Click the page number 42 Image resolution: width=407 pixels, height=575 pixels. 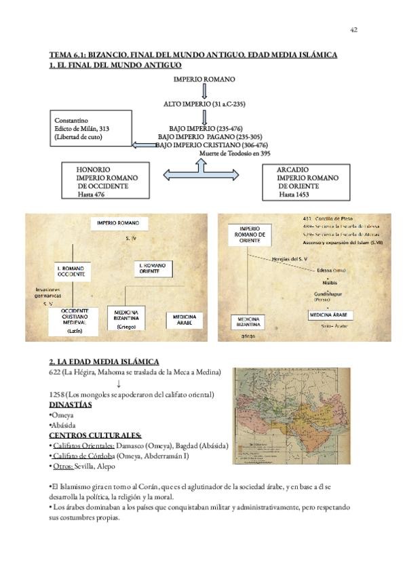coord(353,30)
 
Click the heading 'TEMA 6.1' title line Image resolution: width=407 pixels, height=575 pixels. coord(193,55)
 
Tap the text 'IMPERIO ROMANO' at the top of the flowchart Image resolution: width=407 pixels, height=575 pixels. coord(204,79)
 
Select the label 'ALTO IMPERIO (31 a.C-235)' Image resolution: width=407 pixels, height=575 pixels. coord(203,105)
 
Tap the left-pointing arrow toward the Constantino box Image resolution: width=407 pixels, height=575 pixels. coord(144,144)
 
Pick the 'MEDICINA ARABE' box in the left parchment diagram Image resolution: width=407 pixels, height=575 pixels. coord(185,320)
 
